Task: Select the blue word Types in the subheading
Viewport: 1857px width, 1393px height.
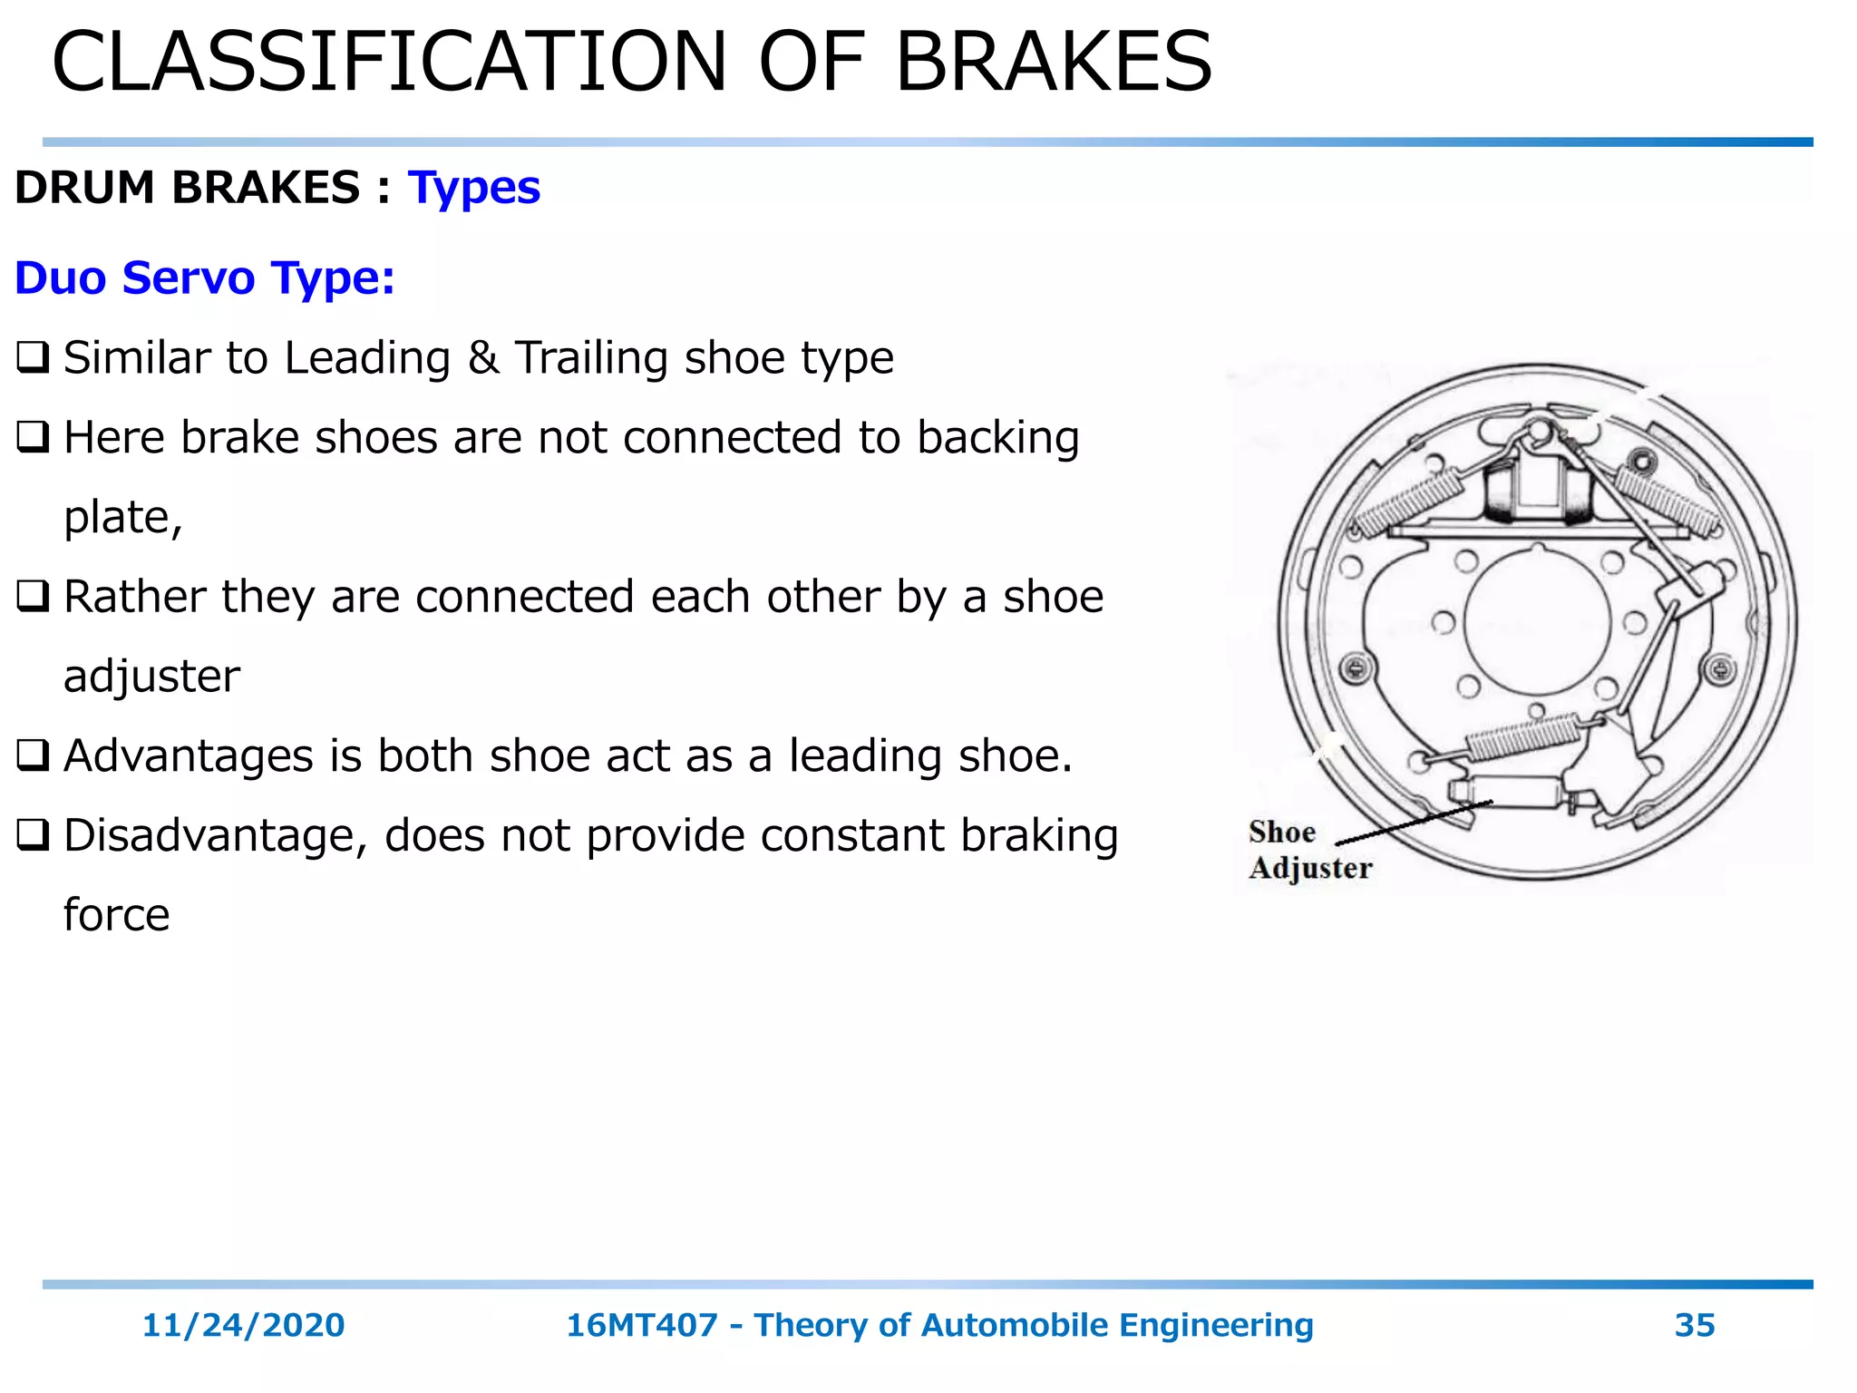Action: [473, 189]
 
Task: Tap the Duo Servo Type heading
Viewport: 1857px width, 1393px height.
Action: [205, 278]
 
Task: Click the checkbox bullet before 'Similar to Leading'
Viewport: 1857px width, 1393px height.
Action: [33, 357]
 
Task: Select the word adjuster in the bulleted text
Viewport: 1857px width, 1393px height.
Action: [151, 677]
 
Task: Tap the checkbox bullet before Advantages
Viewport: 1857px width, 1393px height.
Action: [33, 755]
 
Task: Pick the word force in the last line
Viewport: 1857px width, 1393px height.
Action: [116, 915]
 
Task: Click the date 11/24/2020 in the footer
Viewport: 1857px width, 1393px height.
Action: [243, 1325]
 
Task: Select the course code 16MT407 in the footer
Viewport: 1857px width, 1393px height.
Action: [641, 1325]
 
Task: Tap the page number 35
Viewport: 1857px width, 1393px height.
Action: [1694, 1325]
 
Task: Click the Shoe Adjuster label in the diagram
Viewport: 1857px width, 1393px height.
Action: [1308, 851]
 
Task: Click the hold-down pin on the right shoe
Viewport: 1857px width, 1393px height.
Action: [1720, 670]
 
